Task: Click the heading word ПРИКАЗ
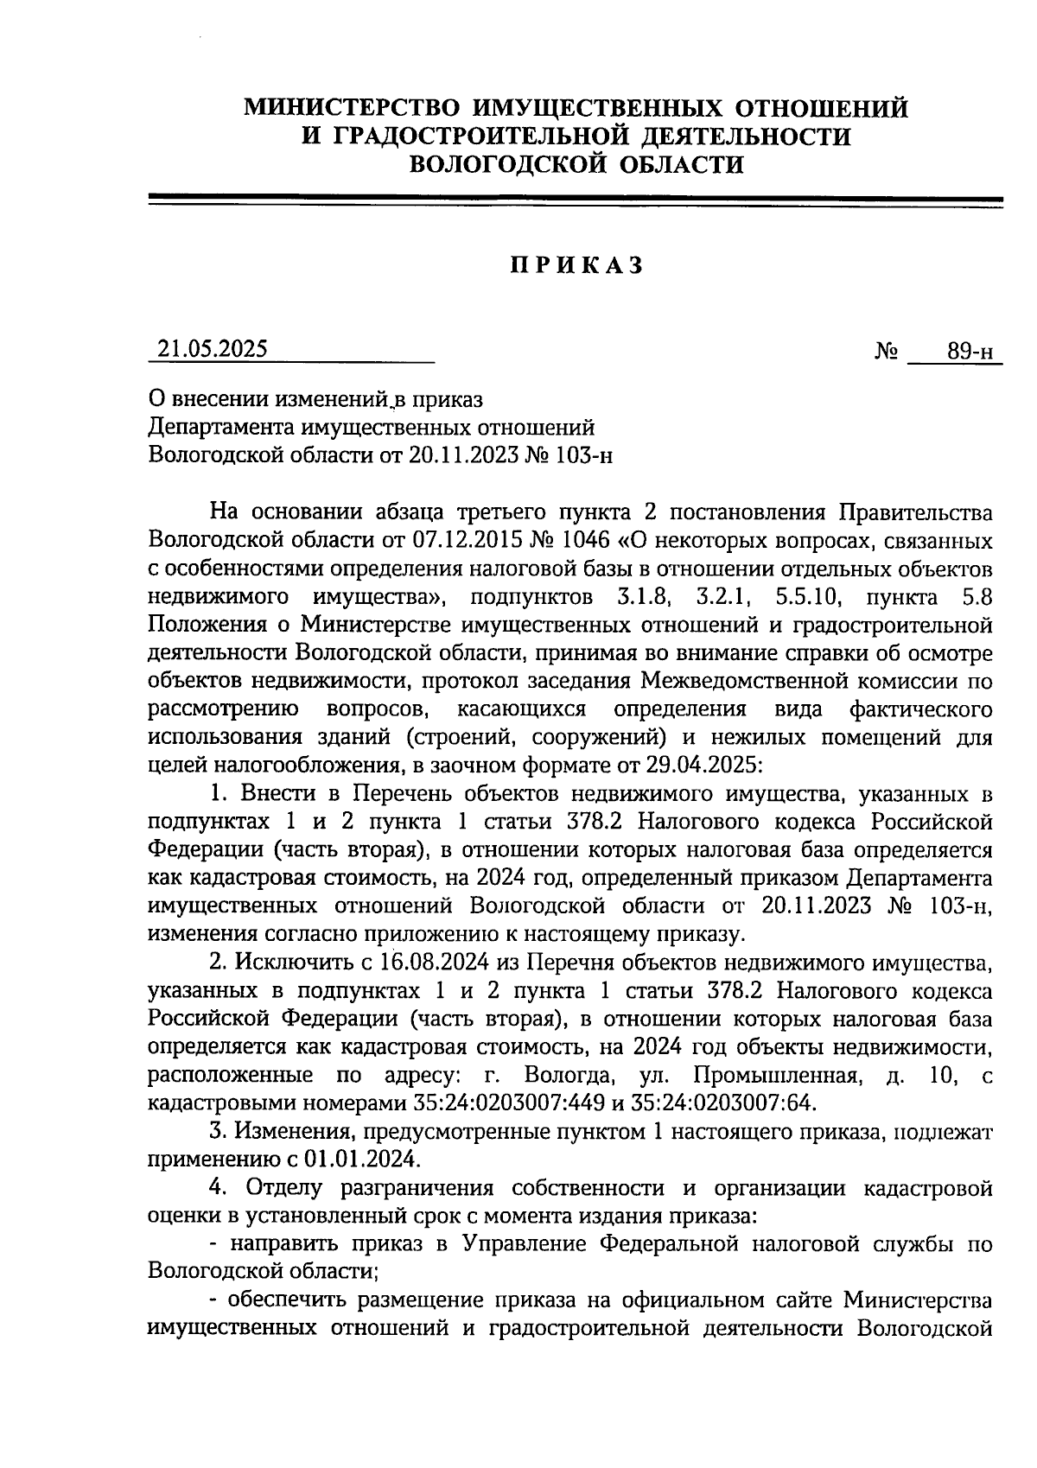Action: [576, 264]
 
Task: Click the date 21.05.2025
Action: [213, 348]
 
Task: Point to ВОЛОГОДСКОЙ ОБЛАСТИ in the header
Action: [576, 164]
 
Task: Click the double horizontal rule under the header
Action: [576, 200]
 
